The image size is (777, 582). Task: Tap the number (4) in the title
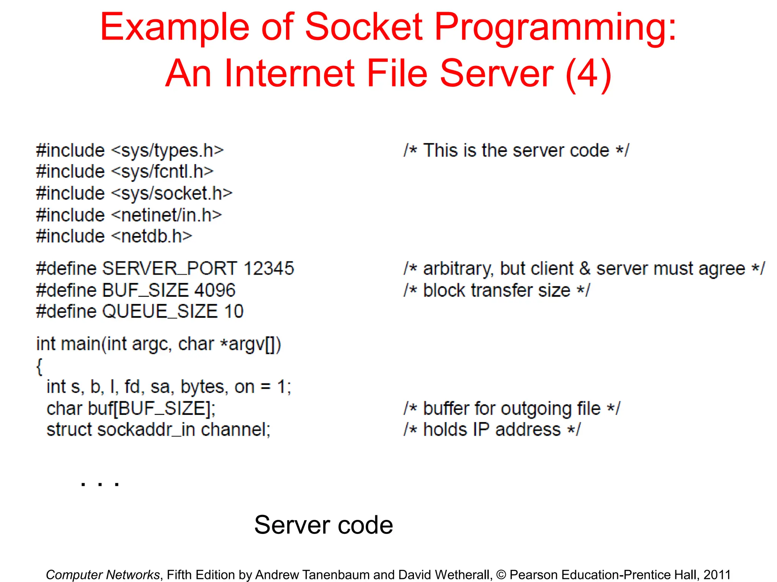pos(588,74)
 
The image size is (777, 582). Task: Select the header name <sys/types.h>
pos(167,151)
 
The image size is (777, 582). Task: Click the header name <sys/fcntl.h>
pos(162,172)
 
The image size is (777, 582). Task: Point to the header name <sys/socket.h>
pos(172,193)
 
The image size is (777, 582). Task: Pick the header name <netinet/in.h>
pos(167,215)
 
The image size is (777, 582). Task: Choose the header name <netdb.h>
pos(152,236)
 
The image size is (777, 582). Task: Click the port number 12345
pos(269,268)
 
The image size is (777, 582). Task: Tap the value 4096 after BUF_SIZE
pos(215,290)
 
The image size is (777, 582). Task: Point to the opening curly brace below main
pos(39,366)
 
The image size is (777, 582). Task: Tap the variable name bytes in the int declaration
pos(204,387)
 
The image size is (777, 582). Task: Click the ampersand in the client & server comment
pos(585,269)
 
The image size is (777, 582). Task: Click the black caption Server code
pos(323,525)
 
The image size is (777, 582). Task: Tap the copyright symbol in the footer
pos(501,575)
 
